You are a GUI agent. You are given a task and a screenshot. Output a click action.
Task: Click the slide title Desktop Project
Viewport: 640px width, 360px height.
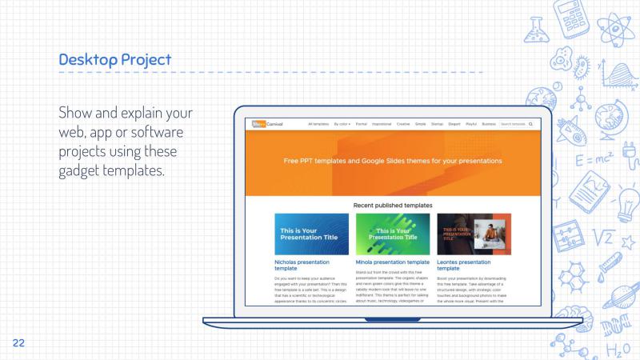point(114,59)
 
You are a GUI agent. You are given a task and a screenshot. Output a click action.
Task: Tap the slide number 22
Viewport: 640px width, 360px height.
point(18,342)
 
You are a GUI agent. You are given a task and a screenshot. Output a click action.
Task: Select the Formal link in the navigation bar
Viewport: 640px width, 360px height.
point(362,124)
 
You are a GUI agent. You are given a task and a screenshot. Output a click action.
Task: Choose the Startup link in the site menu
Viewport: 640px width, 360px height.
point(437,124)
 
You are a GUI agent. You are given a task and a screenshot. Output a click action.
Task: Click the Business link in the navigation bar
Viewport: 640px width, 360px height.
point(489,124)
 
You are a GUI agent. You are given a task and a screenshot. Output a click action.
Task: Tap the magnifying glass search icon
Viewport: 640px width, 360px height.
point(530,124)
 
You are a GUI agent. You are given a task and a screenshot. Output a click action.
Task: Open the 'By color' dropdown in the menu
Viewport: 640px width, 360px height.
point(342,124)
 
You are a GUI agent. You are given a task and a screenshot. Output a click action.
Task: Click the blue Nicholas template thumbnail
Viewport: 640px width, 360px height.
point(311,234)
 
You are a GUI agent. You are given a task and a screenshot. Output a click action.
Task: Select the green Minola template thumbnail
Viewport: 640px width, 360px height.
point(393,234)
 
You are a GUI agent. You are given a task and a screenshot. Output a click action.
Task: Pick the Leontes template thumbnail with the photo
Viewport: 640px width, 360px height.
point(474,234)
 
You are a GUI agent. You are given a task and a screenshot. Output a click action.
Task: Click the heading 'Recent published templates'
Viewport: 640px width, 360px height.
point(393,205)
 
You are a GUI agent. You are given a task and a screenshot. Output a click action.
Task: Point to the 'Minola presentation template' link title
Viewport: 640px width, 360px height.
point(393,262)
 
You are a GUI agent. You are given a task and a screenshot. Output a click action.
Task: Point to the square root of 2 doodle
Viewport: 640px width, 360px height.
point(606,238)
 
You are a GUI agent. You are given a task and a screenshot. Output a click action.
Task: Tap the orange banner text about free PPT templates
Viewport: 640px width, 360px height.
point(393,161)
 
